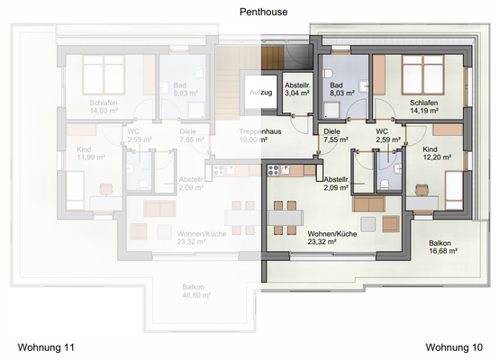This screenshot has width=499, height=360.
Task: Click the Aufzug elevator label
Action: pyautogui.click(x=259, y=93)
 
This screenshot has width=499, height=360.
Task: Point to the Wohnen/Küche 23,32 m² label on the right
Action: pyautogui.click(x=333, y=238)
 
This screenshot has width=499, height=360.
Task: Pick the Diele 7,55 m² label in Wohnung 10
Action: pyautogui.click(x=334, y=136)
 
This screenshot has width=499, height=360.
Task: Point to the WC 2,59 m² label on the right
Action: pyautogui.click(x=387, y=136)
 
